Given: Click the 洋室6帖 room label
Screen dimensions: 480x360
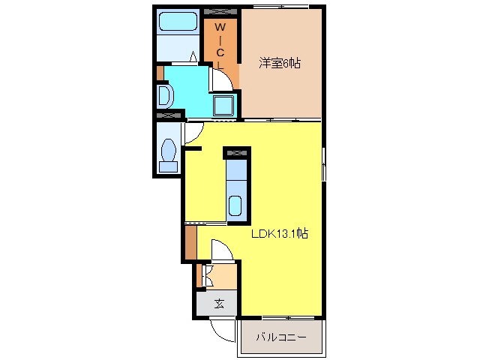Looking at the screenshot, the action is (x=280, y=63).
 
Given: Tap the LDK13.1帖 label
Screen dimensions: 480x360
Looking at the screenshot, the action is (x=280, y=234).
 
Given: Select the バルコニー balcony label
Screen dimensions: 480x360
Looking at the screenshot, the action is (x=281, y=337).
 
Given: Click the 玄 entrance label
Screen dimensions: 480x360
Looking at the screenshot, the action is (x=219, y=304).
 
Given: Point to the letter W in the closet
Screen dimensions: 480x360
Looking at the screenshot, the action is (x=220, y=27).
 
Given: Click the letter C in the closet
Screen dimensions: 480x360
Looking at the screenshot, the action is (x=220, y=52).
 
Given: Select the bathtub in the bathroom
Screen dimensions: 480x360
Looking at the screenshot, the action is (x=178, y=21).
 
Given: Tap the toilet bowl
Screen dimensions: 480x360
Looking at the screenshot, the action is (x=169, y=150).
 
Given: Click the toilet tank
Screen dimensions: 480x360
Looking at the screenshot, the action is (x=168, y=166).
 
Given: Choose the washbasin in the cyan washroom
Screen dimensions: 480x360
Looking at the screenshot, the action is (x=165, y=96).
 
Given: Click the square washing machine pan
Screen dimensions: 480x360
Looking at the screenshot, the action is (x=223, y=106).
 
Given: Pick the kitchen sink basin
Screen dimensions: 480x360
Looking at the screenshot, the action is (x=235, y=205).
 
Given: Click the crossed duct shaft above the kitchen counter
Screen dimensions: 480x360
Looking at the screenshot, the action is (x=237, y=153).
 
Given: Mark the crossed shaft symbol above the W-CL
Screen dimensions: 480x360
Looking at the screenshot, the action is (x=220, y=12).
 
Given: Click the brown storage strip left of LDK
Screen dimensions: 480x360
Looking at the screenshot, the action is (x=190, y=242).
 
